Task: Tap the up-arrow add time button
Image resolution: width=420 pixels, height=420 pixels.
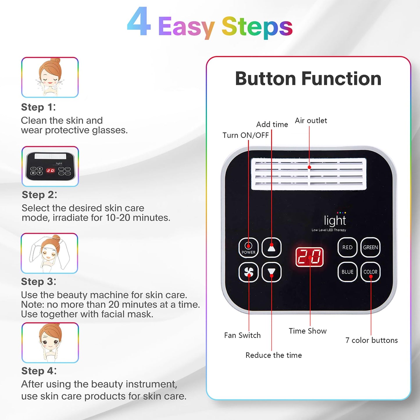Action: (x=271, y=248)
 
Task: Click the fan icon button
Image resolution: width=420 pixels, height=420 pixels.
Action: (x=249, y=272)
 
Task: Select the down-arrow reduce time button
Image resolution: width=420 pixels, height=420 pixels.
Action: (x=271, y=272)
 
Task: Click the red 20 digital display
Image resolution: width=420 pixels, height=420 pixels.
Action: (x=310, y=257)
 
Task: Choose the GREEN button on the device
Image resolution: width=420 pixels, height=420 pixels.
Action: (x=370, y=247)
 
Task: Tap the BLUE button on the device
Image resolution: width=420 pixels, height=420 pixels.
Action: (x=347, y=272)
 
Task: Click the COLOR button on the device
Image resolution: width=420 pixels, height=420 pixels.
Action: (x=370, y=272)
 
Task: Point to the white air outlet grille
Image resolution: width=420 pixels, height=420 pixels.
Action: (x=309, y=174)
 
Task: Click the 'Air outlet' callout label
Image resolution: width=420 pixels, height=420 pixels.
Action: (x=311, y=121)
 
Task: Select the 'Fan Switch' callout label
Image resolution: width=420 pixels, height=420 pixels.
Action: (x=242, y=335)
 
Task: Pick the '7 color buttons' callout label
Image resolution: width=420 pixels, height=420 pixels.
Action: (x=371, y=340)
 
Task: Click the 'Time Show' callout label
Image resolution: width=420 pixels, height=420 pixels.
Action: (x=308, y=331)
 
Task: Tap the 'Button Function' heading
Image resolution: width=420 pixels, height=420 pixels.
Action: (x=308, y=79)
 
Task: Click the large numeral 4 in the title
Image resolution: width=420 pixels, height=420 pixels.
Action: (x=139, y=22)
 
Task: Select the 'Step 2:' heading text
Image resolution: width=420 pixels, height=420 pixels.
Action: (x=40, y=195)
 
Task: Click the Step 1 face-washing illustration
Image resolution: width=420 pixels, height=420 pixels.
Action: (x=50, y=77)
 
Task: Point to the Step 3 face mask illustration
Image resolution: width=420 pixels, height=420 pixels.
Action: (x=49, y=253)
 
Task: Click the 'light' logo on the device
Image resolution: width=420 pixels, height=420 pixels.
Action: (x=335, y=221)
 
